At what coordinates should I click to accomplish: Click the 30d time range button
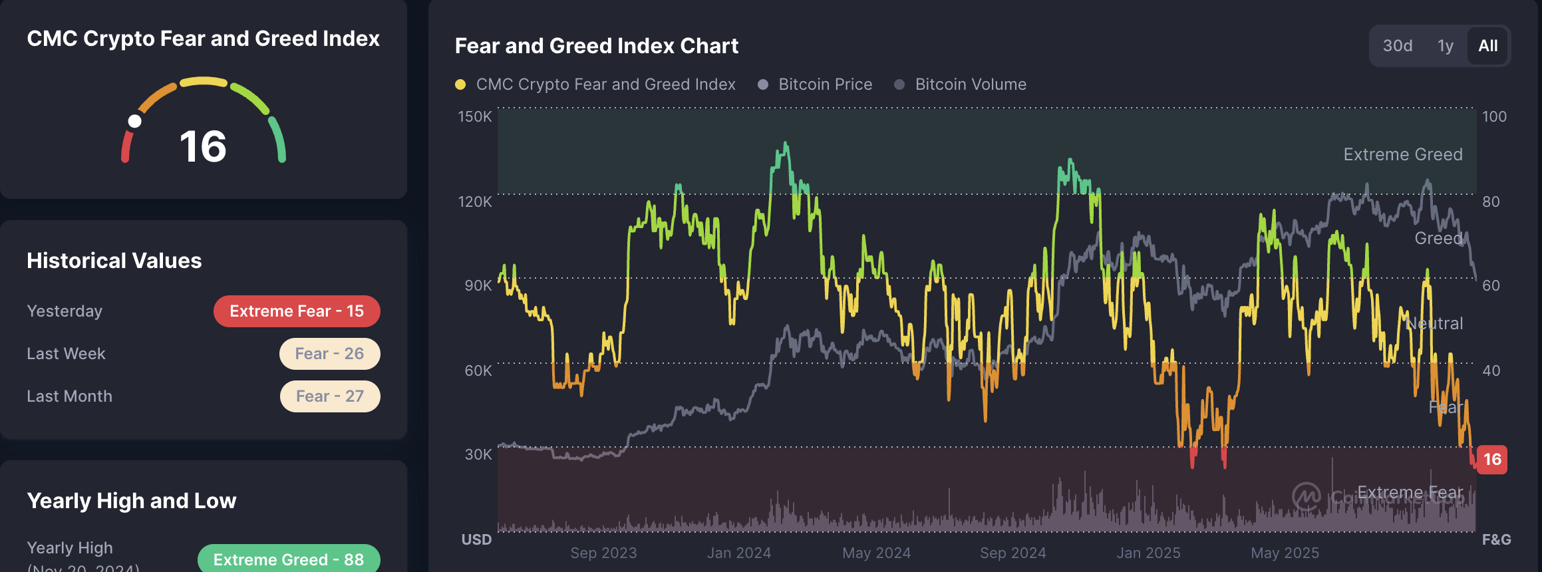point(1397,46)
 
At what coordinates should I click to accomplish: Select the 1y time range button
point(1445,46)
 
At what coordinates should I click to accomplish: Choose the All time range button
point(1487,46)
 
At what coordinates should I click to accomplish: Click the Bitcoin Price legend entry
point(825,84)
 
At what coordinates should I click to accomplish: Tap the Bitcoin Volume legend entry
point(970,84)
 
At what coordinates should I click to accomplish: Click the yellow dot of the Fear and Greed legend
point(460,84)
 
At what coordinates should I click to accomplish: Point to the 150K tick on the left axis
point(474,116)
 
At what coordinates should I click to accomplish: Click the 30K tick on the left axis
point(478,454)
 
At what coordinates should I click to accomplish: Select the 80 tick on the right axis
point(1491,202)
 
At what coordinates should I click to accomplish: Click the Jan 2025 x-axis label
point(1148,553)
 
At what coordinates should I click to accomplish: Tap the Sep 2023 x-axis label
point(603,553)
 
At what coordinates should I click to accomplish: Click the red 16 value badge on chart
point(1492,460)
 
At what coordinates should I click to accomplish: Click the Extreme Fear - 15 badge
point(297,311)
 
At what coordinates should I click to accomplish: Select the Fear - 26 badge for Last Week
point(329,354)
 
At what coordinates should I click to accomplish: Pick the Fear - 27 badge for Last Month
point(329,396)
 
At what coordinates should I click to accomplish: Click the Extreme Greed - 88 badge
point(289,559)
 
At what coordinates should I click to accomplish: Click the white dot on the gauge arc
point(135,121)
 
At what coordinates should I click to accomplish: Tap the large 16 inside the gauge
point(203,147)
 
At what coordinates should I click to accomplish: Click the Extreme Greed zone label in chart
point(1402,154)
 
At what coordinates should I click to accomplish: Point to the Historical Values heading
point(114,261)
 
